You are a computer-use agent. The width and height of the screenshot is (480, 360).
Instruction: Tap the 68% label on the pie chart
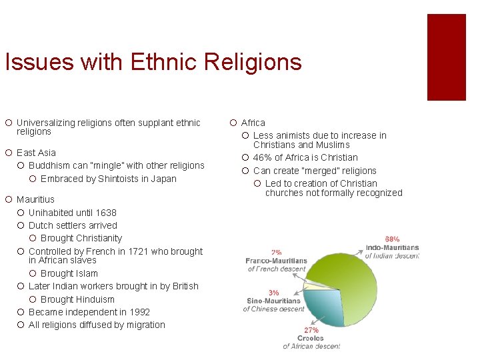click(392, 239)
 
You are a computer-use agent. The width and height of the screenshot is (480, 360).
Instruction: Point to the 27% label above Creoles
click(311, 330)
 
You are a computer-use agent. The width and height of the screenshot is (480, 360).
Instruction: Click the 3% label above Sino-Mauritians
click(273, 293)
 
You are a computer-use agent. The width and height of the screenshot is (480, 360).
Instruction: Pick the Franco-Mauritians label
click(276, 261)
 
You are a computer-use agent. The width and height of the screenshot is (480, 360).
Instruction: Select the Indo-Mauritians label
click(393, 247)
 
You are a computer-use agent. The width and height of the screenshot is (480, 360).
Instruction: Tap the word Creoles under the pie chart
click(311, 338)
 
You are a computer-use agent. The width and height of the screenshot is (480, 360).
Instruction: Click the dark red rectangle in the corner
click(446, 57)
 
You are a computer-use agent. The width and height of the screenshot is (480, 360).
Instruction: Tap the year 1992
click(139, 312)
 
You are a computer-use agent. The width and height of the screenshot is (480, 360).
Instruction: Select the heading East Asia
click(36, 153)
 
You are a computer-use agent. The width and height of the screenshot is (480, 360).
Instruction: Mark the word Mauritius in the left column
click(35, 199)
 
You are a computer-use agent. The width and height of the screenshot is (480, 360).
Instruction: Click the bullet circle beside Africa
click(232, 123)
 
